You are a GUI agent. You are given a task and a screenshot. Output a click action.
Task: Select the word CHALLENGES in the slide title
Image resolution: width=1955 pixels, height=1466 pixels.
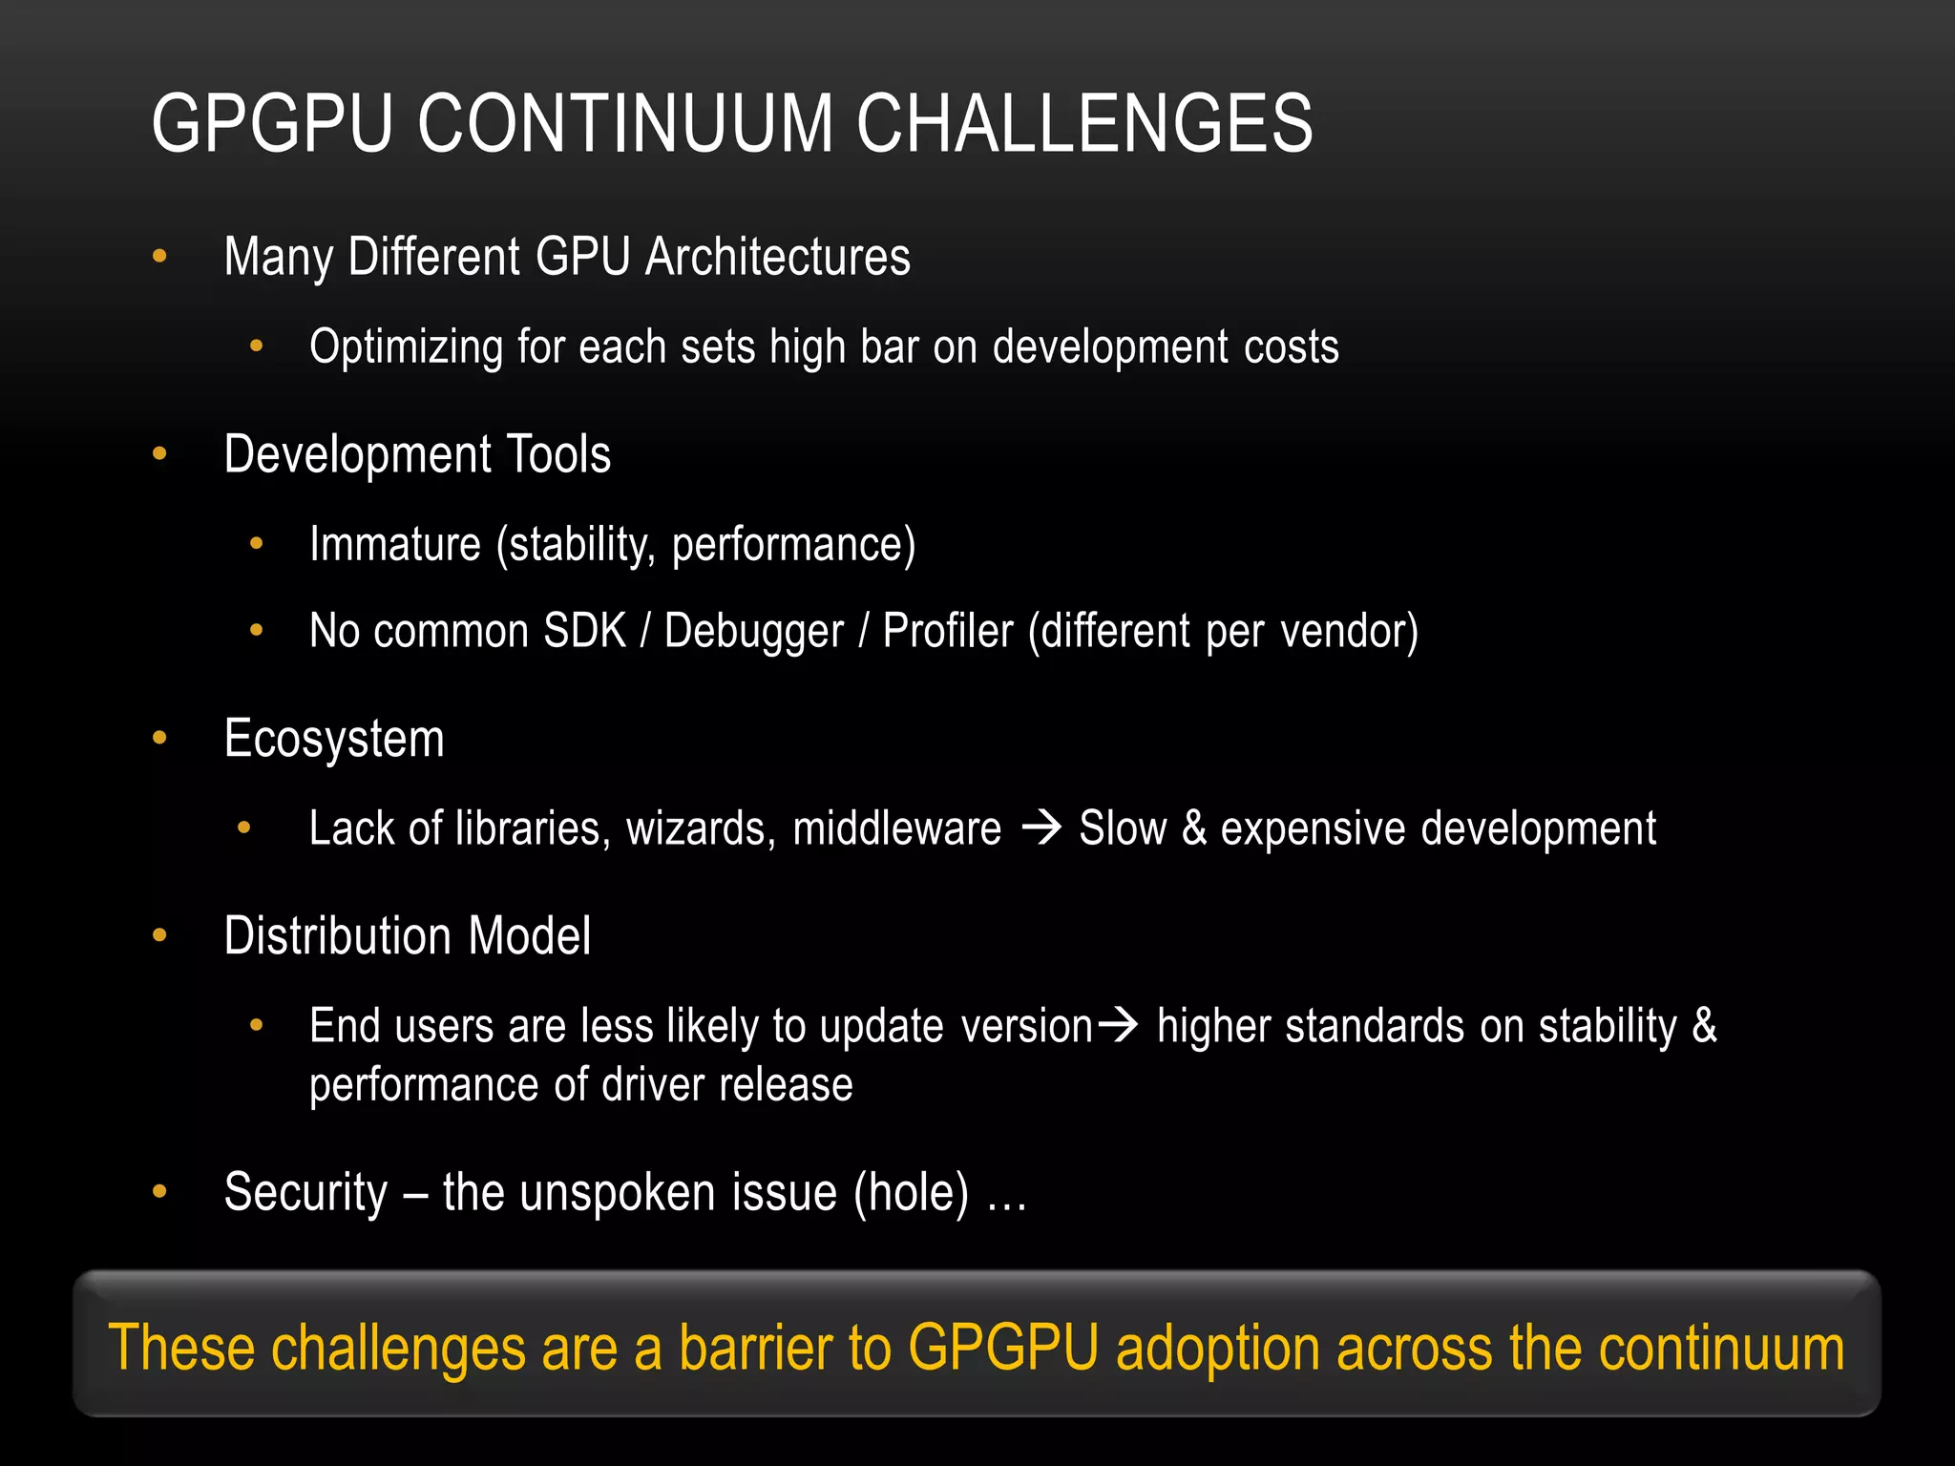[1084, 124]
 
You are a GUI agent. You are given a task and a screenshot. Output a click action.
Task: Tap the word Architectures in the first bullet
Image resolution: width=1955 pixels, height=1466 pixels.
[777, 258]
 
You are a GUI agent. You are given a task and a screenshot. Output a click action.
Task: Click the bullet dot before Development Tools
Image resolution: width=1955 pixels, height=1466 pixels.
[159, 454]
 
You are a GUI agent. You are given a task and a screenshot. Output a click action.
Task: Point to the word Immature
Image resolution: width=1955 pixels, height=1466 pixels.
[395, 545]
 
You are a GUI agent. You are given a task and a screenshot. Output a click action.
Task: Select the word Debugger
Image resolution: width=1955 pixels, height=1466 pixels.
[754, 632]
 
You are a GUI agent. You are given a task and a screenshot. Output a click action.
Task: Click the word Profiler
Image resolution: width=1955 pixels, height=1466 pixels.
[948, 632]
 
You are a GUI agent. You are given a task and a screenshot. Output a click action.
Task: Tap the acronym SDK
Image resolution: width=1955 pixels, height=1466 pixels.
[584, 632]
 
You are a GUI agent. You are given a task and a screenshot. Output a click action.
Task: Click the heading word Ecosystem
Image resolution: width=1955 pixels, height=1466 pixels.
[334, 740]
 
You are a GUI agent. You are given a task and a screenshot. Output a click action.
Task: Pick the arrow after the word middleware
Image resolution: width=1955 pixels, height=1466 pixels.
[1041, 827]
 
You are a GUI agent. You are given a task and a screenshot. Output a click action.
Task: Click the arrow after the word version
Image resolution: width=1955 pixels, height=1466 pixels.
[1118, 1026]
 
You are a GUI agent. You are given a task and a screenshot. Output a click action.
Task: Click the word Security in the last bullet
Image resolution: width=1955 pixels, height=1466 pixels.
[305, 1193]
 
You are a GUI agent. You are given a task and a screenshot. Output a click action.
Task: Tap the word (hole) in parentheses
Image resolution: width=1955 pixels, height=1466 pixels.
[911, 1193]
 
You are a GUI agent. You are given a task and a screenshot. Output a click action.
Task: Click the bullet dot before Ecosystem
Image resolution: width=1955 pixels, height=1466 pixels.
[159, 738]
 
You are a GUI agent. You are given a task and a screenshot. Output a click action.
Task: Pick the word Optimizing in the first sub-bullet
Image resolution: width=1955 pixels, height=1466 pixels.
[406, 347]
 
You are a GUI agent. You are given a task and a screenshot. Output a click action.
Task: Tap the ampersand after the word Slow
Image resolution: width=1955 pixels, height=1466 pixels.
[1193, 828]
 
